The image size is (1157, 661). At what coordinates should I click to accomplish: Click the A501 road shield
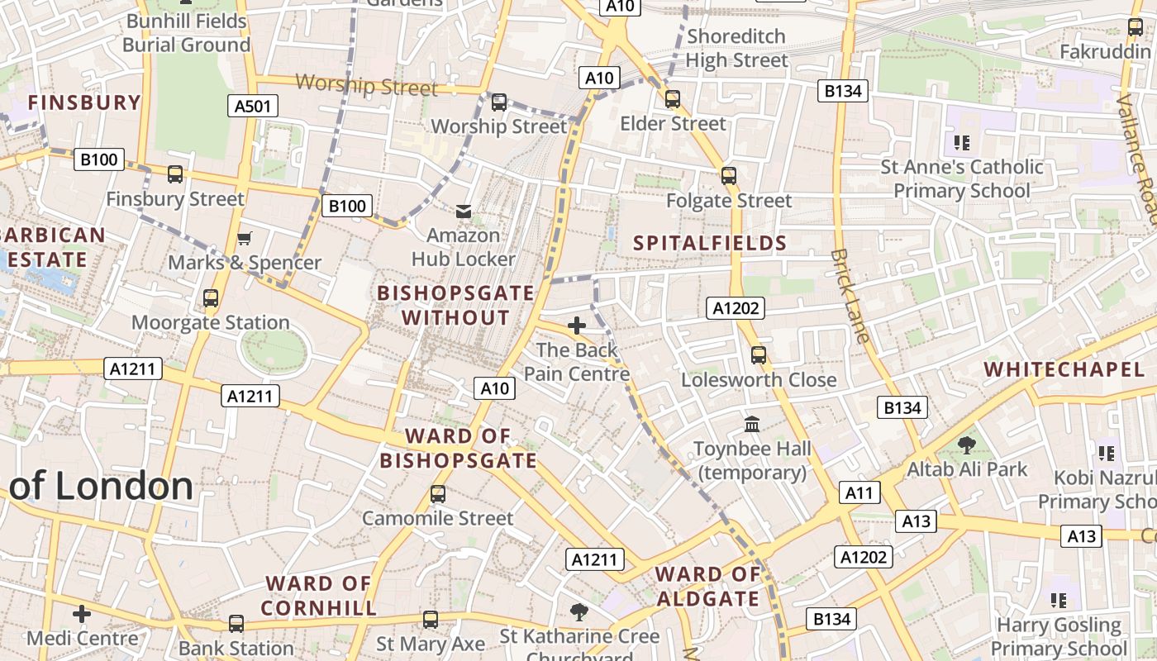[252, 106]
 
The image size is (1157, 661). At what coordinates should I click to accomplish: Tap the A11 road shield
[859, 493]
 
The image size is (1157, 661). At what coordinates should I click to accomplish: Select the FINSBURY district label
[84, 102]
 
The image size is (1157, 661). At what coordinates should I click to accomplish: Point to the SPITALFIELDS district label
[710, 243]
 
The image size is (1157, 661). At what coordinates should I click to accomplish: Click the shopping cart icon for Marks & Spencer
[244, 239]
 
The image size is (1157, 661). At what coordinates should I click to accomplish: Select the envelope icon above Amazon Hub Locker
[464, 212]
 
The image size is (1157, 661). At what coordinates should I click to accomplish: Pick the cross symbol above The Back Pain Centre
[577, 326]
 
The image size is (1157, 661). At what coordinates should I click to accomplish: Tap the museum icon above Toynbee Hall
[752, 424]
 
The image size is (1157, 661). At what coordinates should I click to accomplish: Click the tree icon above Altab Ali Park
[966, 445]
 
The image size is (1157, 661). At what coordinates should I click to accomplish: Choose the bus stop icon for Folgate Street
[728, 176]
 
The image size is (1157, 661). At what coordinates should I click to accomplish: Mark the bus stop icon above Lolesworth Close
[758, 355]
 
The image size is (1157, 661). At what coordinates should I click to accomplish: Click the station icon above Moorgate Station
[211, 298]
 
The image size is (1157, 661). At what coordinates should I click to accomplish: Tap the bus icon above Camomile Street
[438, 494]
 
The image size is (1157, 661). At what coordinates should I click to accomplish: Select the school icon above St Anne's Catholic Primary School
[961, 143]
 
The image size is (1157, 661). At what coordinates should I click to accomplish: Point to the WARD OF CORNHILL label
[319, 596]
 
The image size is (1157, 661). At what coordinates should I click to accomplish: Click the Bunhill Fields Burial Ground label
[186, 33]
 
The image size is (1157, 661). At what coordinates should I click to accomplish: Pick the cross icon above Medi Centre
[81, 614]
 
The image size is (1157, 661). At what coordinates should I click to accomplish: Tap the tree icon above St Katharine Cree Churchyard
[579, 612]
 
